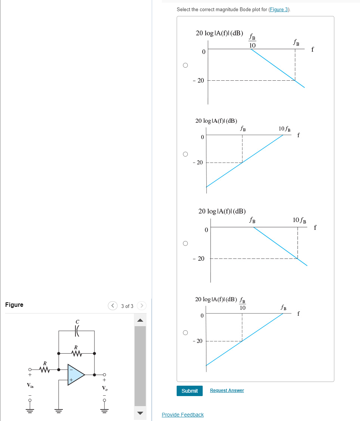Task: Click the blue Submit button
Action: [x=190, y=391]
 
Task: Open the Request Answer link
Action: [x=227, y=391]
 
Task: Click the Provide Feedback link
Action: [x=183, y=415]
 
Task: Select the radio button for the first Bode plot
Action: [x=185, y=65]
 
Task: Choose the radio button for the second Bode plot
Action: [x=185, y=154]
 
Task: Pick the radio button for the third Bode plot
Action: [x=185, y=244]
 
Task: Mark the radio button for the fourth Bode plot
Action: [x=185, y=332]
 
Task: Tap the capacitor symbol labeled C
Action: [x=77, y=330]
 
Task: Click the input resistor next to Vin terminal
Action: [x=45, y=370]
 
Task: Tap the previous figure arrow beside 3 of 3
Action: [x=113, y=306]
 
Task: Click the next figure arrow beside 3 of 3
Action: [x=142, y=306]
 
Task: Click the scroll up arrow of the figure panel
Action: [x=140, y=320]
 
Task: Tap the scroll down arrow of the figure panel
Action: [x=140, y=413]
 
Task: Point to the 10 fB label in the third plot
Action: [x=299, y=220]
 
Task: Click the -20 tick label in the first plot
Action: [x=199, y=80]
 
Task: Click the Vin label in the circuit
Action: [x=29, y=385]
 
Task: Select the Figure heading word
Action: [x=14, y=305]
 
